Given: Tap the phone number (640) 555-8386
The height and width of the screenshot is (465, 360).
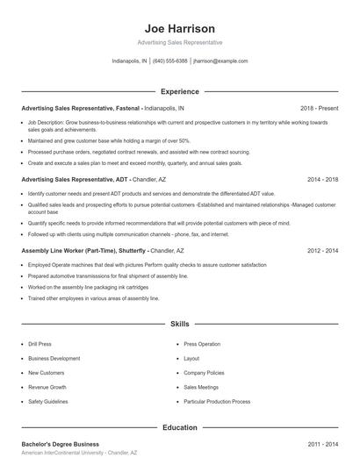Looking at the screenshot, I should (170, 61).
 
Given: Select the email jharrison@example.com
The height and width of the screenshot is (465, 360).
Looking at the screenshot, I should (220, 61).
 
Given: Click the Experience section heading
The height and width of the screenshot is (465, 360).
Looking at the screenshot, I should (180, 91).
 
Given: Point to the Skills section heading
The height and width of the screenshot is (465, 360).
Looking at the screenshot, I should (180, 324).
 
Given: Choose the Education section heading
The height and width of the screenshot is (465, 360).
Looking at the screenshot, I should (180, 427).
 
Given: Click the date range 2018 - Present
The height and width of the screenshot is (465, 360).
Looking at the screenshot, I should (319, 108).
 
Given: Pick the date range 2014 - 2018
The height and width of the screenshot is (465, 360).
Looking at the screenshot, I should (322, 178).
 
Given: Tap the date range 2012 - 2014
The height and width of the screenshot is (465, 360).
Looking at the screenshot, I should (322, 250).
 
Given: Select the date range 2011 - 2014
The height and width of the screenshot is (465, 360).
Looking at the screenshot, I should (322, 444).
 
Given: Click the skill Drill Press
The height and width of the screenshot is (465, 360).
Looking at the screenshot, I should (41, 344).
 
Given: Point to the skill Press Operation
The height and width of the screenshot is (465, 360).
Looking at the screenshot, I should (202, 344).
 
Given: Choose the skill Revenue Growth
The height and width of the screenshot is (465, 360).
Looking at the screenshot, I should (47, 387).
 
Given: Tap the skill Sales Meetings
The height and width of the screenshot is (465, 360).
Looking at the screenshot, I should (201, 387).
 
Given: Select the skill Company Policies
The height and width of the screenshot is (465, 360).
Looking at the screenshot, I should (204, 373).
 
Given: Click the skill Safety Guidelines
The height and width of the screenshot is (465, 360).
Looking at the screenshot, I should (48, 401).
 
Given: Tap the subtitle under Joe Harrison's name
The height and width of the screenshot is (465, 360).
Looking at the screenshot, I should (180, 42).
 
